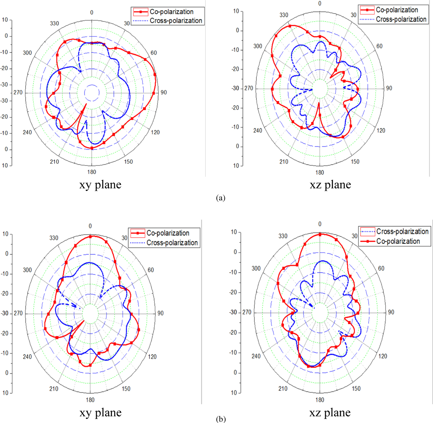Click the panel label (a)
click(x=221, y=198)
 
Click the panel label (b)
click(x=221, y=419)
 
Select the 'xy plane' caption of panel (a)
click(x=100, y=185)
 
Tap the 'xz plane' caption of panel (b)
click(x=330, y=412)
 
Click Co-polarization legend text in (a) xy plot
click(x=172, y=12)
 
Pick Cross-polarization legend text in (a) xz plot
click(x=401, y=19)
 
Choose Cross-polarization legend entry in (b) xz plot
click(x=402, y=231)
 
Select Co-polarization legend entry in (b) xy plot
click(x=168, y=233)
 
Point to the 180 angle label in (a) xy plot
click(x=92, y=172)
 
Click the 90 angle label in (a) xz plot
click(x=389, y=88)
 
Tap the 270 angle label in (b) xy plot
click(x=18, y=313)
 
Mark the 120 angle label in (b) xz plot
click(x=383, y=356)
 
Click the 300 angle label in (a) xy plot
click(x=27, y=53)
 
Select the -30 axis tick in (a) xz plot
click(x=236, y=88)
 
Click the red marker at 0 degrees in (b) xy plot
click(x=90, y=237)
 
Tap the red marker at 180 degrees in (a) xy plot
click(x=92, y=148)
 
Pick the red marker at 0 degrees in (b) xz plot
click(x=320, y=234)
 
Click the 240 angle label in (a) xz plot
click(x=258, y=130)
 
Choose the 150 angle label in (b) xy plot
click(x=126, y=389)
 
